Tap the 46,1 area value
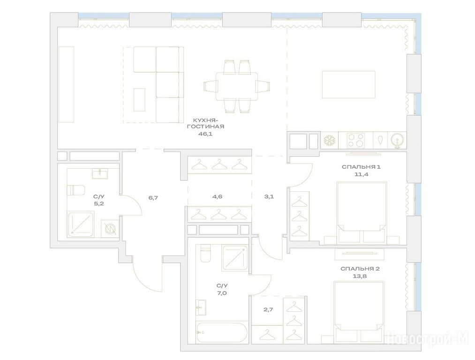coord(205,134)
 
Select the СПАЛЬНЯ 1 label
coord(361,167)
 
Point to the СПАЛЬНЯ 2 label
coord(360,269)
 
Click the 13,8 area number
coord(360,276)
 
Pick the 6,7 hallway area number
coord(153,198)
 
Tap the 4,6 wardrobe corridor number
coord(217,196)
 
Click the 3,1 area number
coord(269,196)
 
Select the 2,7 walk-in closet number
coord(268,309)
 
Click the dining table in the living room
coord(237,87)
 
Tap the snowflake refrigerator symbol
coord(329,140)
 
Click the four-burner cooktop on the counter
coord(355,140)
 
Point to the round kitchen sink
coord(397,141)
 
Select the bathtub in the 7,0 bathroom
coord(221,332)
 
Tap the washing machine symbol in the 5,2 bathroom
coord(110,229)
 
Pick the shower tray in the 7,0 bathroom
coord(235,258)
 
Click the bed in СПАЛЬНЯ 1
coord(362,212)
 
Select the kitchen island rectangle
coord(348,85)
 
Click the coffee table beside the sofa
coord(139,100)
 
